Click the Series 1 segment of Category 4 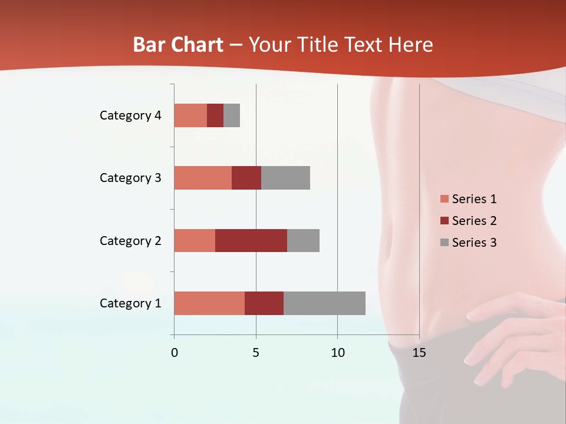[x=190, y=115]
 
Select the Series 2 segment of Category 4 [x=215, y=115]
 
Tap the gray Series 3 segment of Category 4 [x=232, y=115]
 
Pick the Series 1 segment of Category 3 [x=203, y=178]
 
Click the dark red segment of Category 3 [x=246, y=178]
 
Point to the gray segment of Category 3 [x=285, y=178]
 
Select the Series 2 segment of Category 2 [x=251, y=240]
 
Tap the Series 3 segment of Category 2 [x=303, y=240]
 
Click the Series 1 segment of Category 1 [x=209, y=303]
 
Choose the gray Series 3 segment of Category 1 [x=324, y=303]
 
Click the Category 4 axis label [x=130, y=115]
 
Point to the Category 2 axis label [x=130, y=241]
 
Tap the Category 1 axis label [x=130, y=303]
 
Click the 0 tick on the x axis [x=174, y=353]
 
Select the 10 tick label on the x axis [x=337, y=353]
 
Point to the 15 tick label [x=419, y=353]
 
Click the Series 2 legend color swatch [x=445, y=221]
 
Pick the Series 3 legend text [x=474, y=243]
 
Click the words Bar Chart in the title [x=178, y=45]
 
